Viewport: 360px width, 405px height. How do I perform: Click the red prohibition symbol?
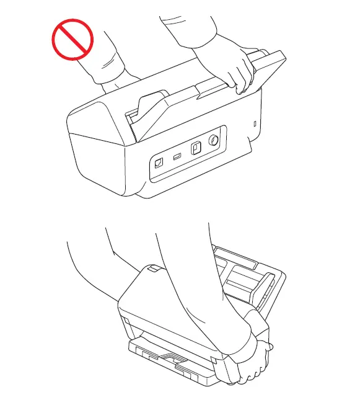coord(71,38)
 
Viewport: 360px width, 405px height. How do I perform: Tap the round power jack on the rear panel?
coord(213,141)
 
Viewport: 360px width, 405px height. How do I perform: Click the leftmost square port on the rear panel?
coord(159,162)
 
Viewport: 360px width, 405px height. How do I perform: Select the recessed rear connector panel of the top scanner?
coord(185,152)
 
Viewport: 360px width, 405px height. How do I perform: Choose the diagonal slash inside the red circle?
coord(71,38)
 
